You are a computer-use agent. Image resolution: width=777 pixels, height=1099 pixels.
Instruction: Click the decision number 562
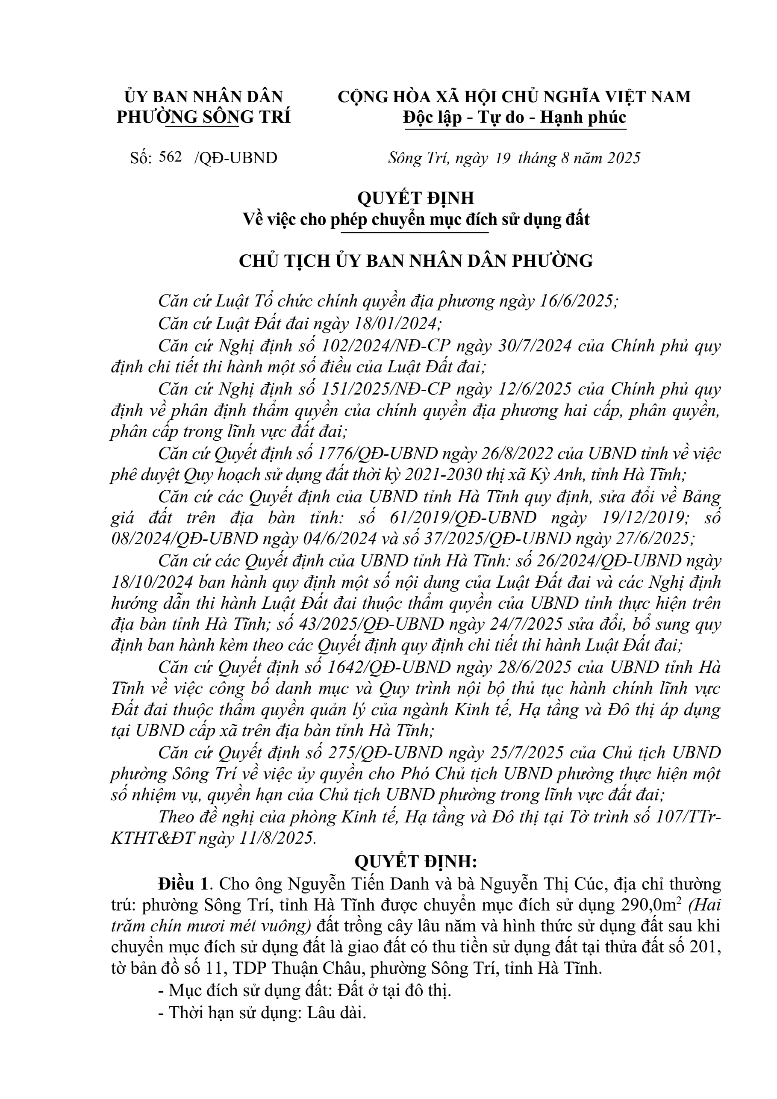[171, 157]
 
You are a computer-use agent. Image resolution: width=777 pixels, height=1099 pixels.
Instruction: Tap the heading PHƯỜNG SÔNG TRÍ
[203, 117]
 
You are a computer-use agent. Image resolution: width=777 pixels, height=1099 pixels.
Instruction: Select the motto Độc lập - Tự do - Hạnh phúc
[514, 117]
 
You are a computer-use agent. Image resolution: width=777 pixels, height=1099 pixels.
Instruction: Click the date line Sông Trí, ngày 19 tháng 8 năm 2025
[514, 158]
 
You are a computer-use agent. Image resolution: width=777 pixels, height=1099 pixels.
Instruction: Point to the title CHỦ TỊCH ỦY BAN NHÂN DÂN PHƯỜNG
[416, 261]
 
